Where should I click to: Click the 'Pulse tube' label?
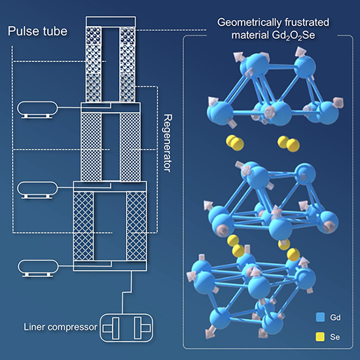point(38,31)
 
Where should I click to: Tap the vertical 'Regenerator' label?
point(168,143)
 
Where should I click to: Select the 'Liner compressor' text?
point(61,327)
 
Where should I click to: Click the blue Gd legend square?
point(320,317)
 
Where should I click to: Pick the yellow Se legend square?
point(320,337)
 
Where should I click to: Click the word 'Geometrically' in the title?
point(249,23)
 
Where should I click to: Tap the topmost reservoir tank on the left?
point(37,109)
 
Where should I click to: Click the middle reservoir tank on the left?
point(37,190)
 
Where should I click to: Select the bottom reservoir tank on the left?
point(38,268)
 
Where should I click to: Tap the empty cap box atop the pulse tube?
point(111,22)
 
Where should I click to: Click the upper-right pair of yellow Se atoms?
point(289,143)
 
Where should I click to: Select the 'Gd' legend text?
point(335,317)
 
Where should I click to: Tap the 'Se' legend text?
point(334,337)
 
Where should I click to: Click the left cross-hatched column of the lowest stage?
point(84,226)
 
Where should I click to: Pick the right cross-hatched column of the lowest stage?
point(136,226)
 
